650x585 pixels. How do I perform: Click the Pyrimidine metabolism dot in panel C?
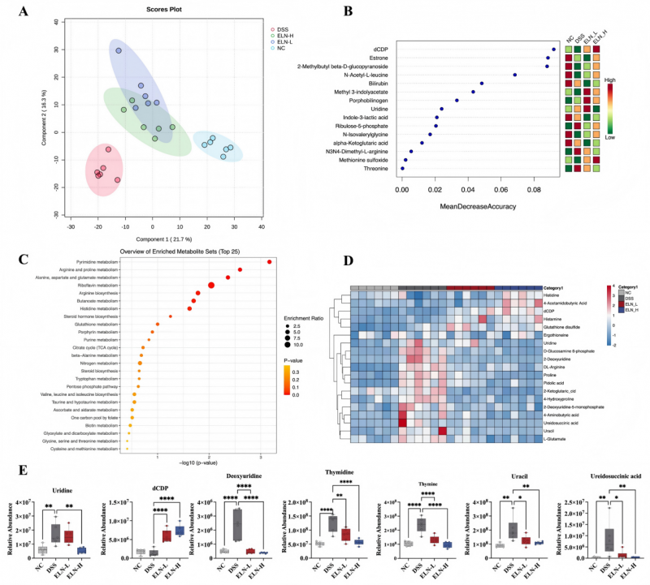[x=269, y=261]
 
